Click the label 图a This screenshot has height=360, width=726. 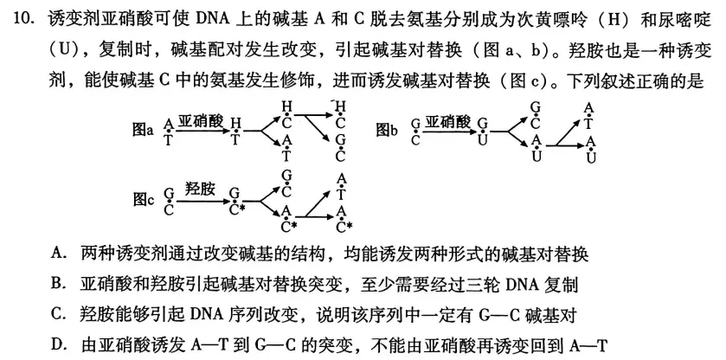142,131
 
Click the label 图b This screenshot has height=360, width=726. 387,131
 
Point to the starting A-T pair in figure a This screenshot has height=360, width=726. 168,132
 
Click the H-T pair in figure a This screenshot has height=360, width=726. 235,132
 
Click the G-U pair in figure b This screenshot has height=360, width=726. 483,132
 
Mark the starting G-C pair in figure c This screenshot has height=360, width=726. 168,201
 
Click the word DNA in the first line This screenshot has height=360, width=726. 212,19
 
